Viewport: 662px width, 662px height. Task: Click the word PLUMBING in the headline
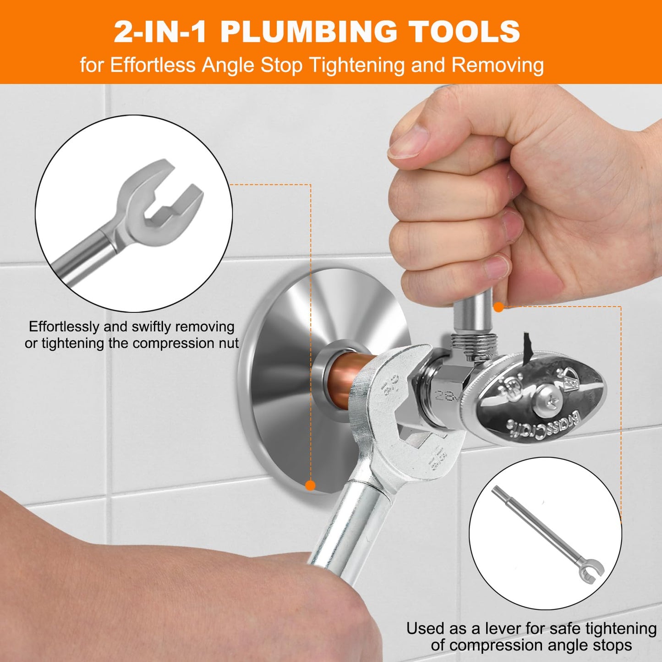click(x=308, y=32)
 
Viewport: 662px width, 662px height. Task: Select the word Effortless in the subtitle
click(x=153, y=65)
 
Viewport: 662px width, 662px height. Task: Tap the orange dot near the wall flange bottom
click(x=310, y=486)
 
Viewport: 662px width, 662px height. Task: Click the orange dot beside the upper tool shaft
click(x=498, y=307)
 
